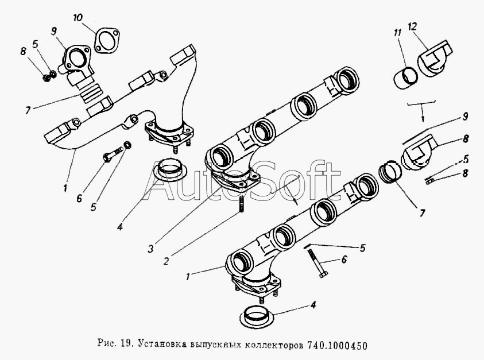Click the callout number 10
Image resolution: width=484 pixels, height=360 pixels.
[78, 18]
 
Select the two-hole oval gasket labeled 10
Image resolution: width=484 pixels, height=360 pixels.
[107, 40]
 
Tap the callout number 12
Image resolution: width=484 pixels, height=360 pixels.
[412, 26]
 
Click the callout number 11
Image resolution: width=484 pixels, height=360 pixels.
[397, 32]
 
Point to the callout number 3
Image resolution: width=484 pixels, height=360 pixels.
[150, 249]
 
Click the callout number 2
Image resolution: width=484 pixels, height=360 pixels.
[166, 261]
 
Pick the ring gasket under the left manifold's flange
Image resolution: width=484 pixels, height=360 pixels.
[169, 169]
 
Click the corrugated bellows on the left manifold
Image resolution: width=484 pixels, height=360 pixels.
[91, 92]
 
